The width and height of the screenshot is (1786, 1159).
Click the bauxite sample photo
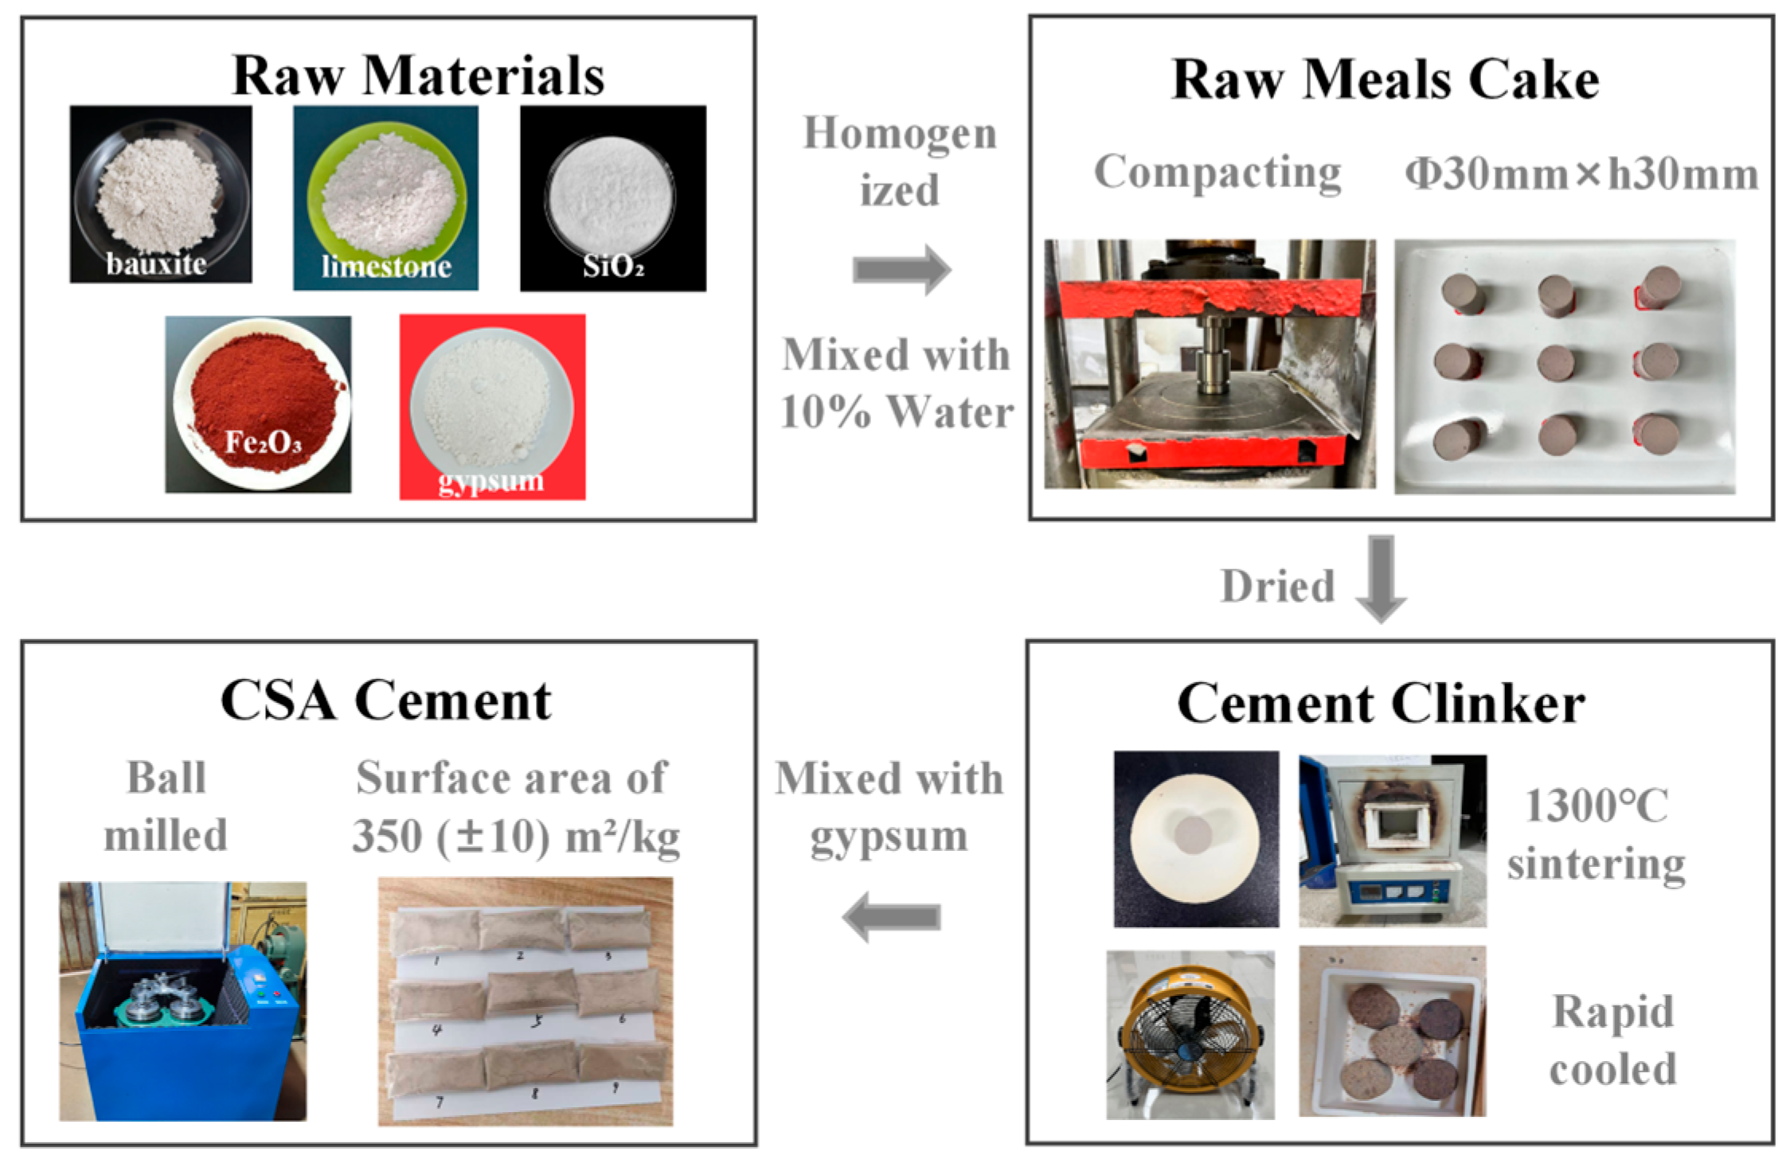pos(161,193)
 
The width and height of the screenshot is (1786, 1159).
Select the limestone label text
pos(386,266)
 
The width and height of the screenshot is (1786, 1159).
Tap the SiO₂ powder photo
pos(612,197)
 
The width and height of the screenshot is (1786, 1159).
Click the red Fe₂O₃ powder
pos(263,398)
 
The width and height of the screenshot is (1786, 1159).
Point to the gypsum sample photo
pos(492,406)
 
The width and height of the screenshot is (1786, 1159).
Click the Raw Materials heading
pos(418,76)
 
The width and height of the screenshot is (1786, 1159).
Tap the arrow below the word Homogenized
pos(901,270)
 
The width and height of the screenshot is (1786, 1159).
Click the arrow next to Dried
pos(1381,578)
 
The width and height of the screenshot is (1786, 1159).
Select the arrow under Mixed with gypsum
pos(892,917)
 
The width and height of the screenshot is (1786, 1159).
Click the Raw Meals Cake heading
pos(1385,80)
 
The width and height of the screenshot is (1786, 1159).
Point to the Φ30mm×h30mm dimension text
pos(1581,174)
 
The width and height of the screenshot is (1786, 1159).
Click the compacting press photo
pos(1210,364)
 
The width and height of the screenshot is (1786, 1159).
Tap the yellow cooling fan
pos(1190,1034)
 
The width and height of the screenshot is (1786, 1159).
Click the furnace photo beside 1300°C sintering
pos(1393,841)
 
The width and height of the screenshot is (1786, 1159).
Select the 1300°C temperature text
pos(1596,806)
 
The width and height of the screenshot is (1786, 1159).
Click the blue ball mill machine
pos(182,1001)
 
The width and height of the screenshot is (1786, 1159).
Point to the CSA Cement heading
pos(386,701)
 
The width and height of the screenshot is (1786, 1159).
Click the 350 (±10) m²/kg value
pos(516,837)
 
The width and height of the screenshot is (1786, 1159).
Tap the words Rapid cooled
pos(1612,1040)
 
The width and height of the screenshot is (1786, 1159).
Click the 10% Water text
pos(897,412)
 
